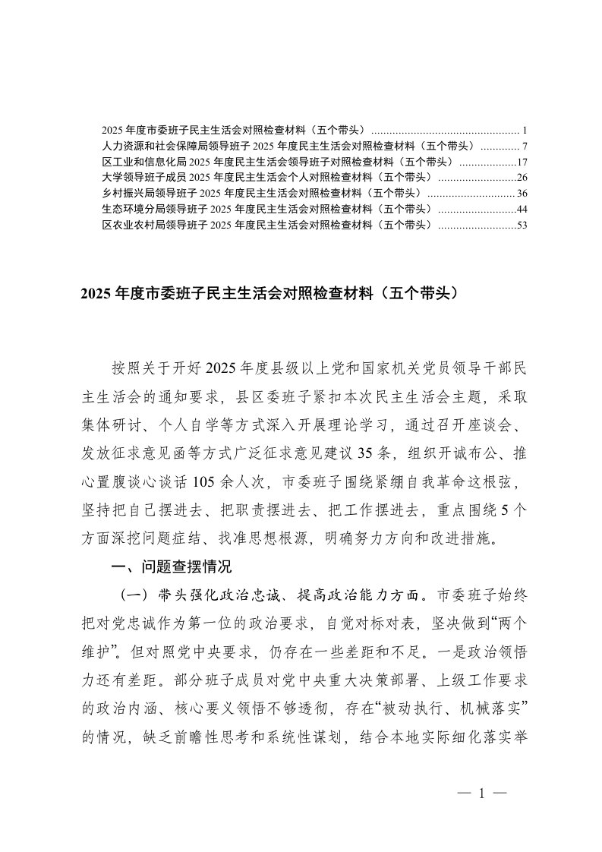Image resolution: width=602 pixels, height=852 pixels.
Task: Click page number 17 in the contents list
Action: point(522,162)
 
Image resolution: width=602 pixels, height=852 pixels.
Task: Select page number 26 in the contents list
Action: point(522,178)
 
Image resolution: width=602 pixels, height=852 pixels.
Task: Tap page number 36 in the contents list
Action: point(522,194)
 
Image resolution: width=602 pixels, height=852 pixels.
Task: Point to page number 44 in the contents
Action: point(522,209)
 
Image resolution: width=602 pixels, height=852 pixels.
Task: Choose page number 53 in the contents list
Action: point(522,225)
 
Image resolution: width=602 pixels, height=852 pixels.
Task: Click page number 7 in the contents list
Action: point(525,146)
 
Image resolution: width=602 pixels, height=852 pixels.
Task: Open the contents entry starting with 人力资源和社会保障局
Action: point(289,146)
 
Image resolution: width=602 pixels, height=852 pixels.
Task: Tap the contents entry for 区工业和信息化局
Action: point(278,162)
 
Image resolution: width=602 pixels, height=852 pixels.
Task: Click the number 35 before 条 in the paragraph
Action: point(377,454)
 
